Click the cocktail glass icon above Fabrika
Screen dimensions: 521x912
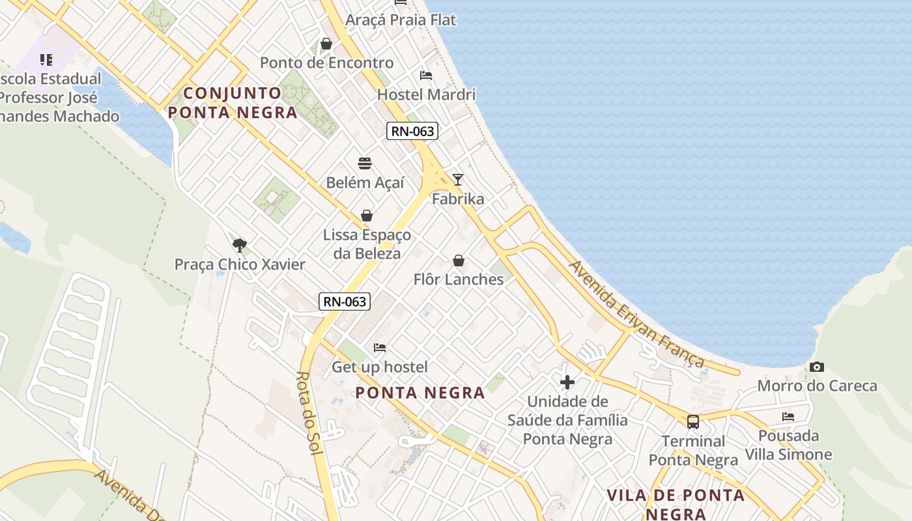click(458, 179)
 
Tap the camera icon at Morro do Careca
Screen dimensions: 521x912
click(817, 367)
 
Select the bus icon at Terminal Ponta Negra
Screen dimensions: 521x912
click(693, 422)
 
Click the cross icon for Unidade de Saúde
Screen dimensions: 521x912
click(567, 382)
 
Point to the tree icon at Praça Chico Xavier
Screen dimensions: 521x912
click(240, 246)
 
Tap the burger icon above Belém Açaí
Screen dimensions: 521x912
click(365, 163)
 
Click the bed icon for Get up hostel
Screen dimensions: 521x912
click(380, 348)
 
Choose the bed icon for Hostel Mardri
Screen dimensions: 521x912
click(426, 76)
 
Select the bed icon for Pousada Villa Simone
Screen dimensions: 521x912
click(788, 417)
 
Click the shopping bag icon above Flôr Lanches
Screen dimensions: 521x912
click(459, 260)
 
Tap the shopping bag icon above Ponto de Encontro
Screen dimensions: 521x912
click(326, 44)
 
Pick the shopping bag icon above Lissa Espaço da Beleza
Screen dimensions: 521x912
click(367, 216)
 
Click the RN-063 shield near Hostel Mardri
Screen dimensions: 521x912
click(412, 131)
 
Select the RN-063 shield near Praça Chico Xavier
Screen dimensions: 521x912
click(345, 301)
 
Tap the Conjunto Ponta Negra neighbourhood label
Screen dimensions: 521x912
click(233, 103)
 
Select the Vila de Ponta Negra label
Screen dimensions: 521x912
click(676, 504)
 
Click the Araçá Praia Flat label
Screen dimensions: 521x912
click(401, 20)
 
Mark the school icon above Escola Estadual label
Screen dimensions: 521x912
click(46, 60)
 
